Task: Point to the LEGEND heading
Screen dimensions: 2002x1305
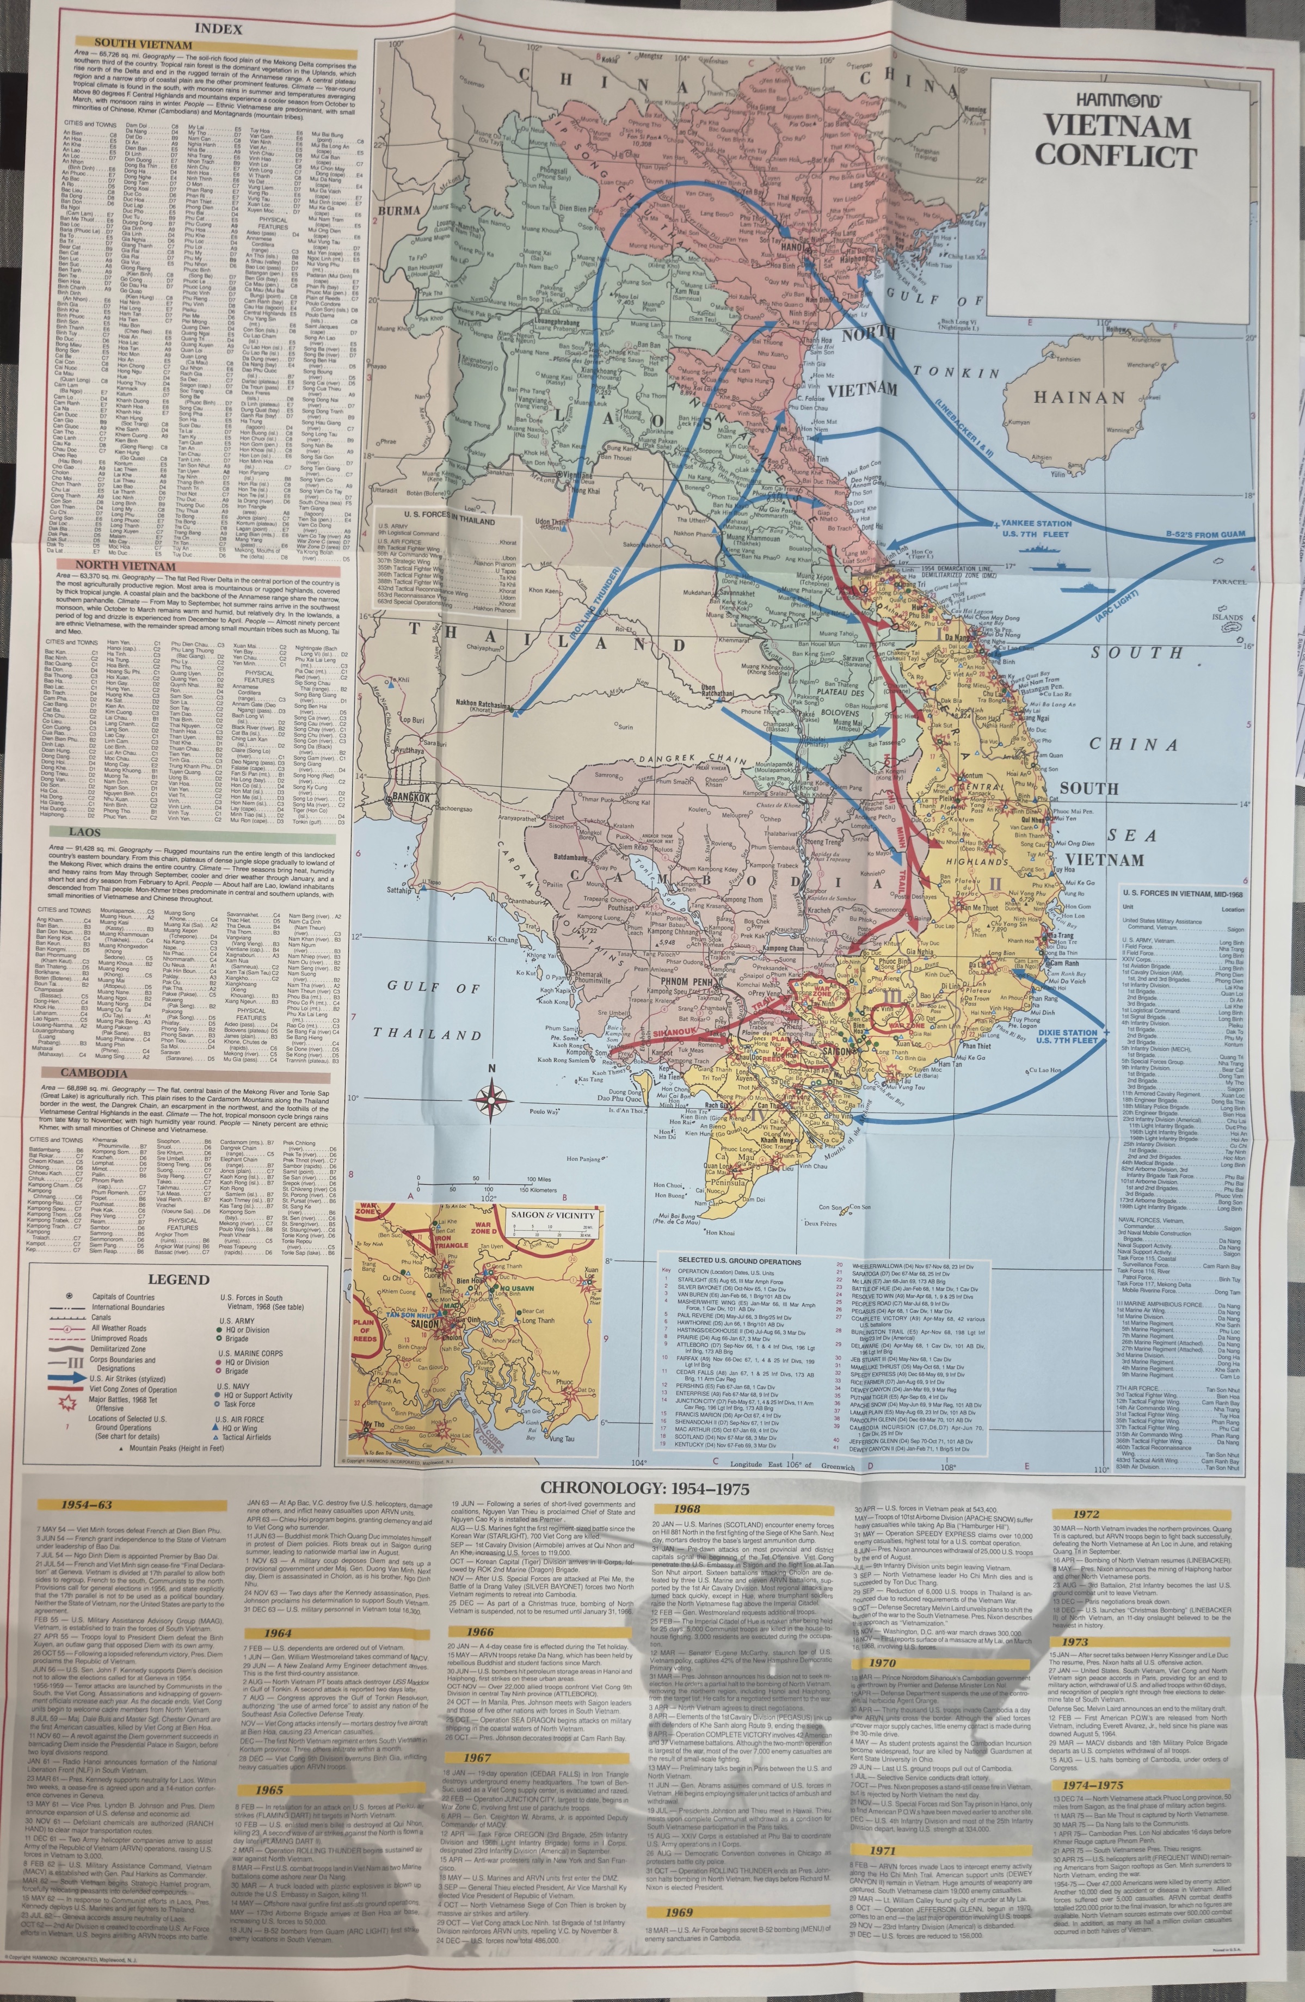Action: click(178, 1280)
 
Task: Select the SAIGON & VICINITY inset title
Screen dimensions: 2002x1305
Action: click(552, 1215)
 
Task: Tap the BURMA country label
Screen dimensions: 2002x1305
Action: click(398, 210)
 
